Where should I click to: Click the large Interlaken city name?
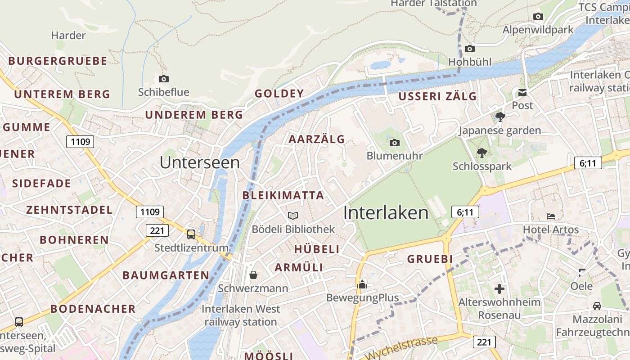click(x=386, y=213)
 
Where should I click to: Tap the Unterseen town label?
click(x=199, y=162)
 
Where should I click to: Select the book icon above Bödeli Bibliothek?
click(x=293, y=216)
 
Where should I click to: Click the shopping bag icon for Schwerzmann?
click(x=253, y=274)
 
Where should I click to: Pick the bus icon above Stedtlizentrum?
click(x=191, y=234)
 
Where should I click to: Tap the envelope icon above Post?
click(x=522, y=93)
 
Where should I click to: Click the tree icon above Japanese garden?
click(x=499, y=117)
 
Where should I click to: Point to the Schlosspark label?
click(x=482, y=166)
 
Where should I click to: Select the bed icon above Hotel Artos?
click(x=550, y=216)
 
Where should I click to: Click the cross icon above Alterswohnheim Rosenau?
click(x=499, y=289)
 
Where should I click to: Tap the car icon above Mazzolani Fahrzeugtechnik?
click(x=597, y=306)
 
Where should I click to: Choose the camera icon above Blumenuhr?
click(x=394, y=143)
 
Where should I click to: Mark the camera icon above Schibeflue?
click(x=164, y=79)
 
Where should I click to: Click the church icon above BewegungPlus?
click(x=362, y=284)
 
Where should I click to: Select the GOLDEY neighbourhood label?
click(x=279, y=94)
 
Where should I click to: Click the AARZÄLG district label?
click(x=316, y=139)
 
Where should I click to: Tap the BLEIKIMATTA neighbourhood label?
click(x=283, y=195)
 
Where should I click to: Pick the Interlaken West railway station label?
click(x=241, y=315)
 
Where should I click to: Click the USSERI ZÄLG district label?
click(x=437, y=96)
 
